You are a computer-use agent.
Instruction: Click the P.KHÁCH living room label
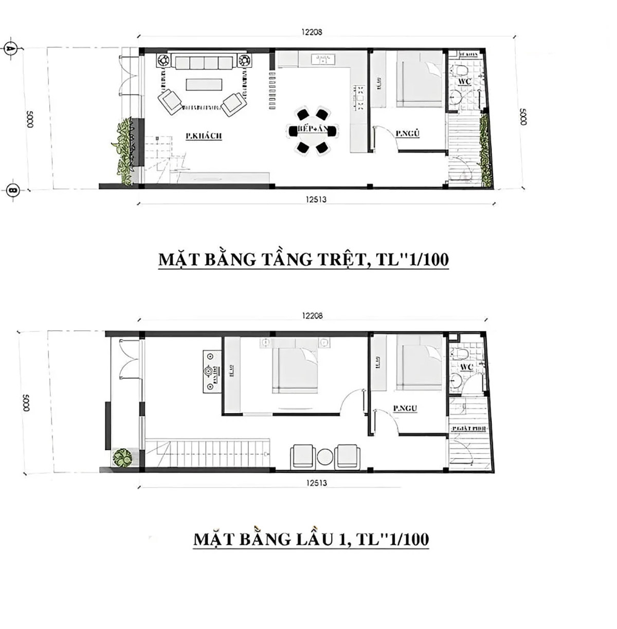[x=204, y=135]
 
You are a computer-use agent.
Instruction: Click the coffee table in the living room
[x=204, y=84]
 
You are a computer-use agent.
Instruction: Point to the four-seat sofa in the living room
[x=204, y=62]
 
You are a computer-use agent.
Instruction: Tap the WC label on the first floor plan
[x=466, y=367]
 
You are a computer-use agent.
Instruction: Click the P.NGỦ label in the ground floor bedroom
[x=408, y=134]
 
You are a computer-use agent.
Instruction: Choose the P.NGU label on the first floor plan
[x=405, y=409]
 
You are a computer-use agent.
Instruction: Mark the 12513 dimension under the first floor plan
[x=316, y=483]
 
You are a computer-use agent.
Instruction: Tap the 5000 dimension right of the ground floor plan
[x=522, y=116]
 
